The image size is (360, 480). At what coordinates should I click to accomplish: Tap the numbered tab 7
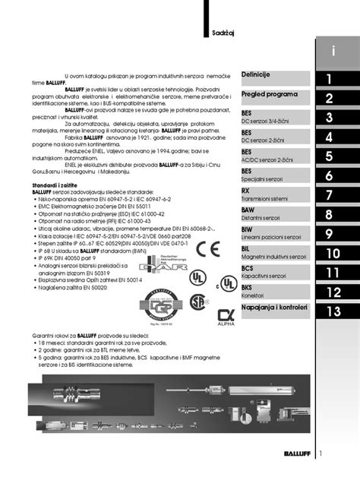point(330,195)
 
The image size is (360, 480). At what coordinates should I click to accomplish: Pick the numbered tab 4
point(330,137)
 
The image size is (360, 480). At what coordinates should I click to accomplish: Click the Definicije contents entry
point(256,74)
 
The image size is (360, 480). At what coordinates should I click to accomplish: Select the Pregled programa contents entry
point(269,94)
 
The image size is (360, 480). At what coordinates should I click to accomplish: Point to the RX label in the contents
point(246,191)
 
